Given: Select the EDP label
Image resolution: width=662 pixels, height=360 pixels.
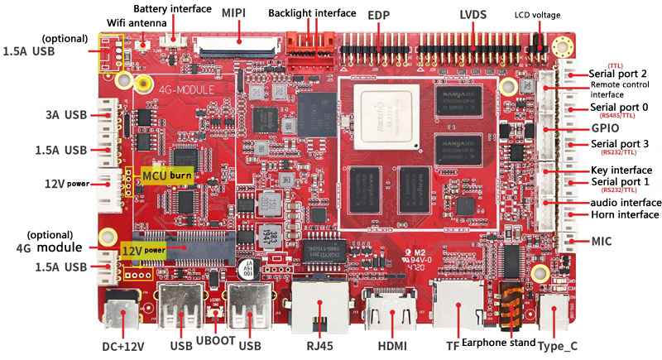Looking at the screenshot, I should pos(379,14).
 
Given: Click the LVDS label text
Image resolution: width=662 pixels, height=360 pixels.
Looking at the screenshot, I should pos(473,14).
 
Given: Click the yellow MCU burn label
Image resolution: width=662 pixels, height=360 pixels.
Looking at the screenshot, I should pos(166,175).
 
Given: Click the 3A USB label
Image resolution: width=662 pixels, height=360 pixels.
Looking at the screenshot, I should pos(64,113).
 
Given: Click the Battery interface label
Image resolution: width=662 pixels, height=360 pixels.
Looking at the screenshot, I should pos(174,8).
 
